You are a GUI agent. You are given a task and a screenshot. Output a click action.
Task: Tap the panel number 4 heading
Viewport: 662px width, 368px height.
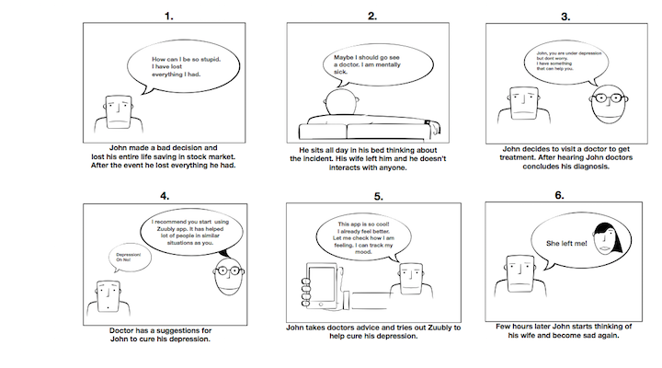(x=164, y=196)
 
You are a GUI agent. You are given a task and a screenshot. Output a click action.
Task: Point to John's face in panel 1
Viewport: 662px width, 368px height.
(x=117, y=114)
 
